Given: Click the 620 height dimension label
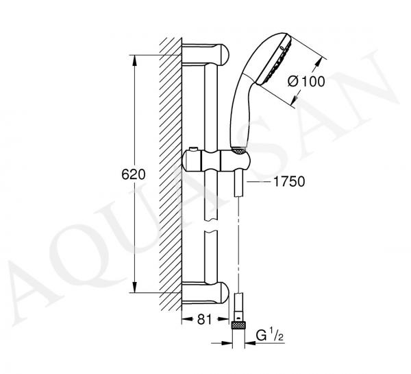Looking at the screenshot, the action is tap(133, 174).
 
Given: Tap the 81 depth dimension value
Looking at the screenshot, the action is tap(204, 319).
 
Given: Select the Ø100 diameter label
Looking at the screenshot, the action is tap(306, 81).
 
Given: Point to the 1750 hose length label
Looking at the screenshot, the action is tap(289, 181).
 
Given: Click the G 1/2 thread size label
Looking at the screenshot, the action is tap(270, 336).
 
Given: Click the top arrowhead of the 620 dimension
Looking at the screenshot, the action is tap(135, 60).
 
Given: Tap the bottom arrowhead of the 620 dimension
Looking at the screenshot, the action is tap(135, 287).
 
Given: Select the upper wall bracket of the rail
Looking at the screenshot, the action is tap(206, 54).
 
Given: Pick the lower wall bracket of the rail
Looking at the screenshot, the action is tap(206, 292).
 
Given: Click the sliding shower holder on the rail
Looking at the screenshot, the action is tap(216, 160).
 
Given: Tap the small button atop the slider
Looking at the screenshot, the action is tap(193, 149).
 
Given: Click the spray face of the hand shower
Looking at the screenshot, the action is tap(274, 60).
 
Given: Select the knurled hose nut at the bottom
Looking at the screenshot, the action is tap(238, 325).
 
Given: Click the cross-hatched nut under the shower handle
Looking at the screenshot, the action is tap(239, 150).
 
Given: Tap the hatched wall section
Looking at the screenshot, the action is tap(171, 174).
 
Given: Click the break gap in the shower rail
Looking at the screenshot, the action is tap(211, 225).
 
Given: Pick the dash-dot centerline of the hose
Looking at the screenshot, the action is tap(238, 245).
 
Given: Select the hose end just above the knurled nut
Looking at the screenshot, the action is tap(238, 307).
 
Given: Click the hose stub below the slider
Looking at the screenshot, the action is tap(239, 185).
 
